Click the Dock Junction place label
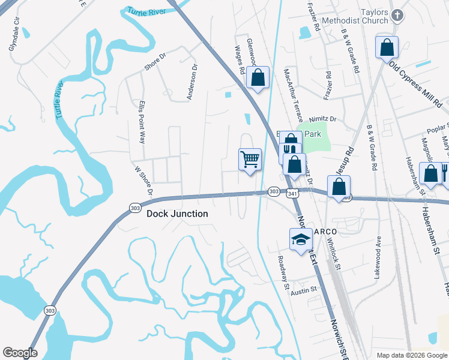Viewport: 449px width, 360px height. tap(178, 214)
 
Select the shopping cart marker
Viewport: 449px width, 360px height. tap(250, 160)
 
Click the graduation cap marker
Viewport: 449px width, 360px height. tap(301, 239)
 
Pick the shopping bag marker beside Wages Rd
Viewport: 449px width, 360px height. tap(258, 77)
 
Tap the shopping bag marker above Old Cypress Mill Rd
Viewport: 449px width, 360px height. tap(387, 47)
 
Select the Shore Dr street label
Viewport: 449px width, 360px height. tap(154, 63)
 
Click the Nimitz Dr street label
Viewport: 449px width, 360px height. tap(322, 119)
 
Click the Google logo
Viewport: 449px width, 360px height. tap(20, 352)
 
